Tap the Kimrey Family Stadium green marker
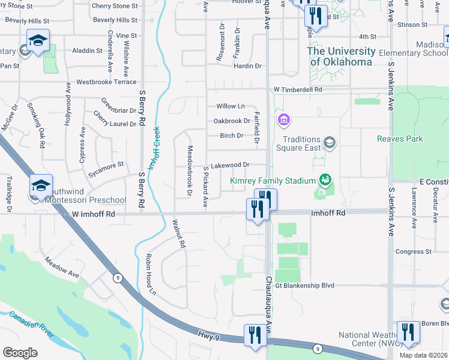point(325,179)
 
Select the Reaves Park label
point(400,139)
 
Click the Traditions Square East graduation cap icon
point(329,142)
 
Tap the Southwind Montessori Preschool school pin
point(41,186)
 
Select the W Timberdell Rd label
point(298,89)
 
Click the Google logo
point(20,352)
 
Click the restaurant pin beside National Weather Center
point(408,332)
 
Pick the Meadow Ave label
point(62,268)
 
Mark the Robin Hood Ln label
point(150,275)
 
